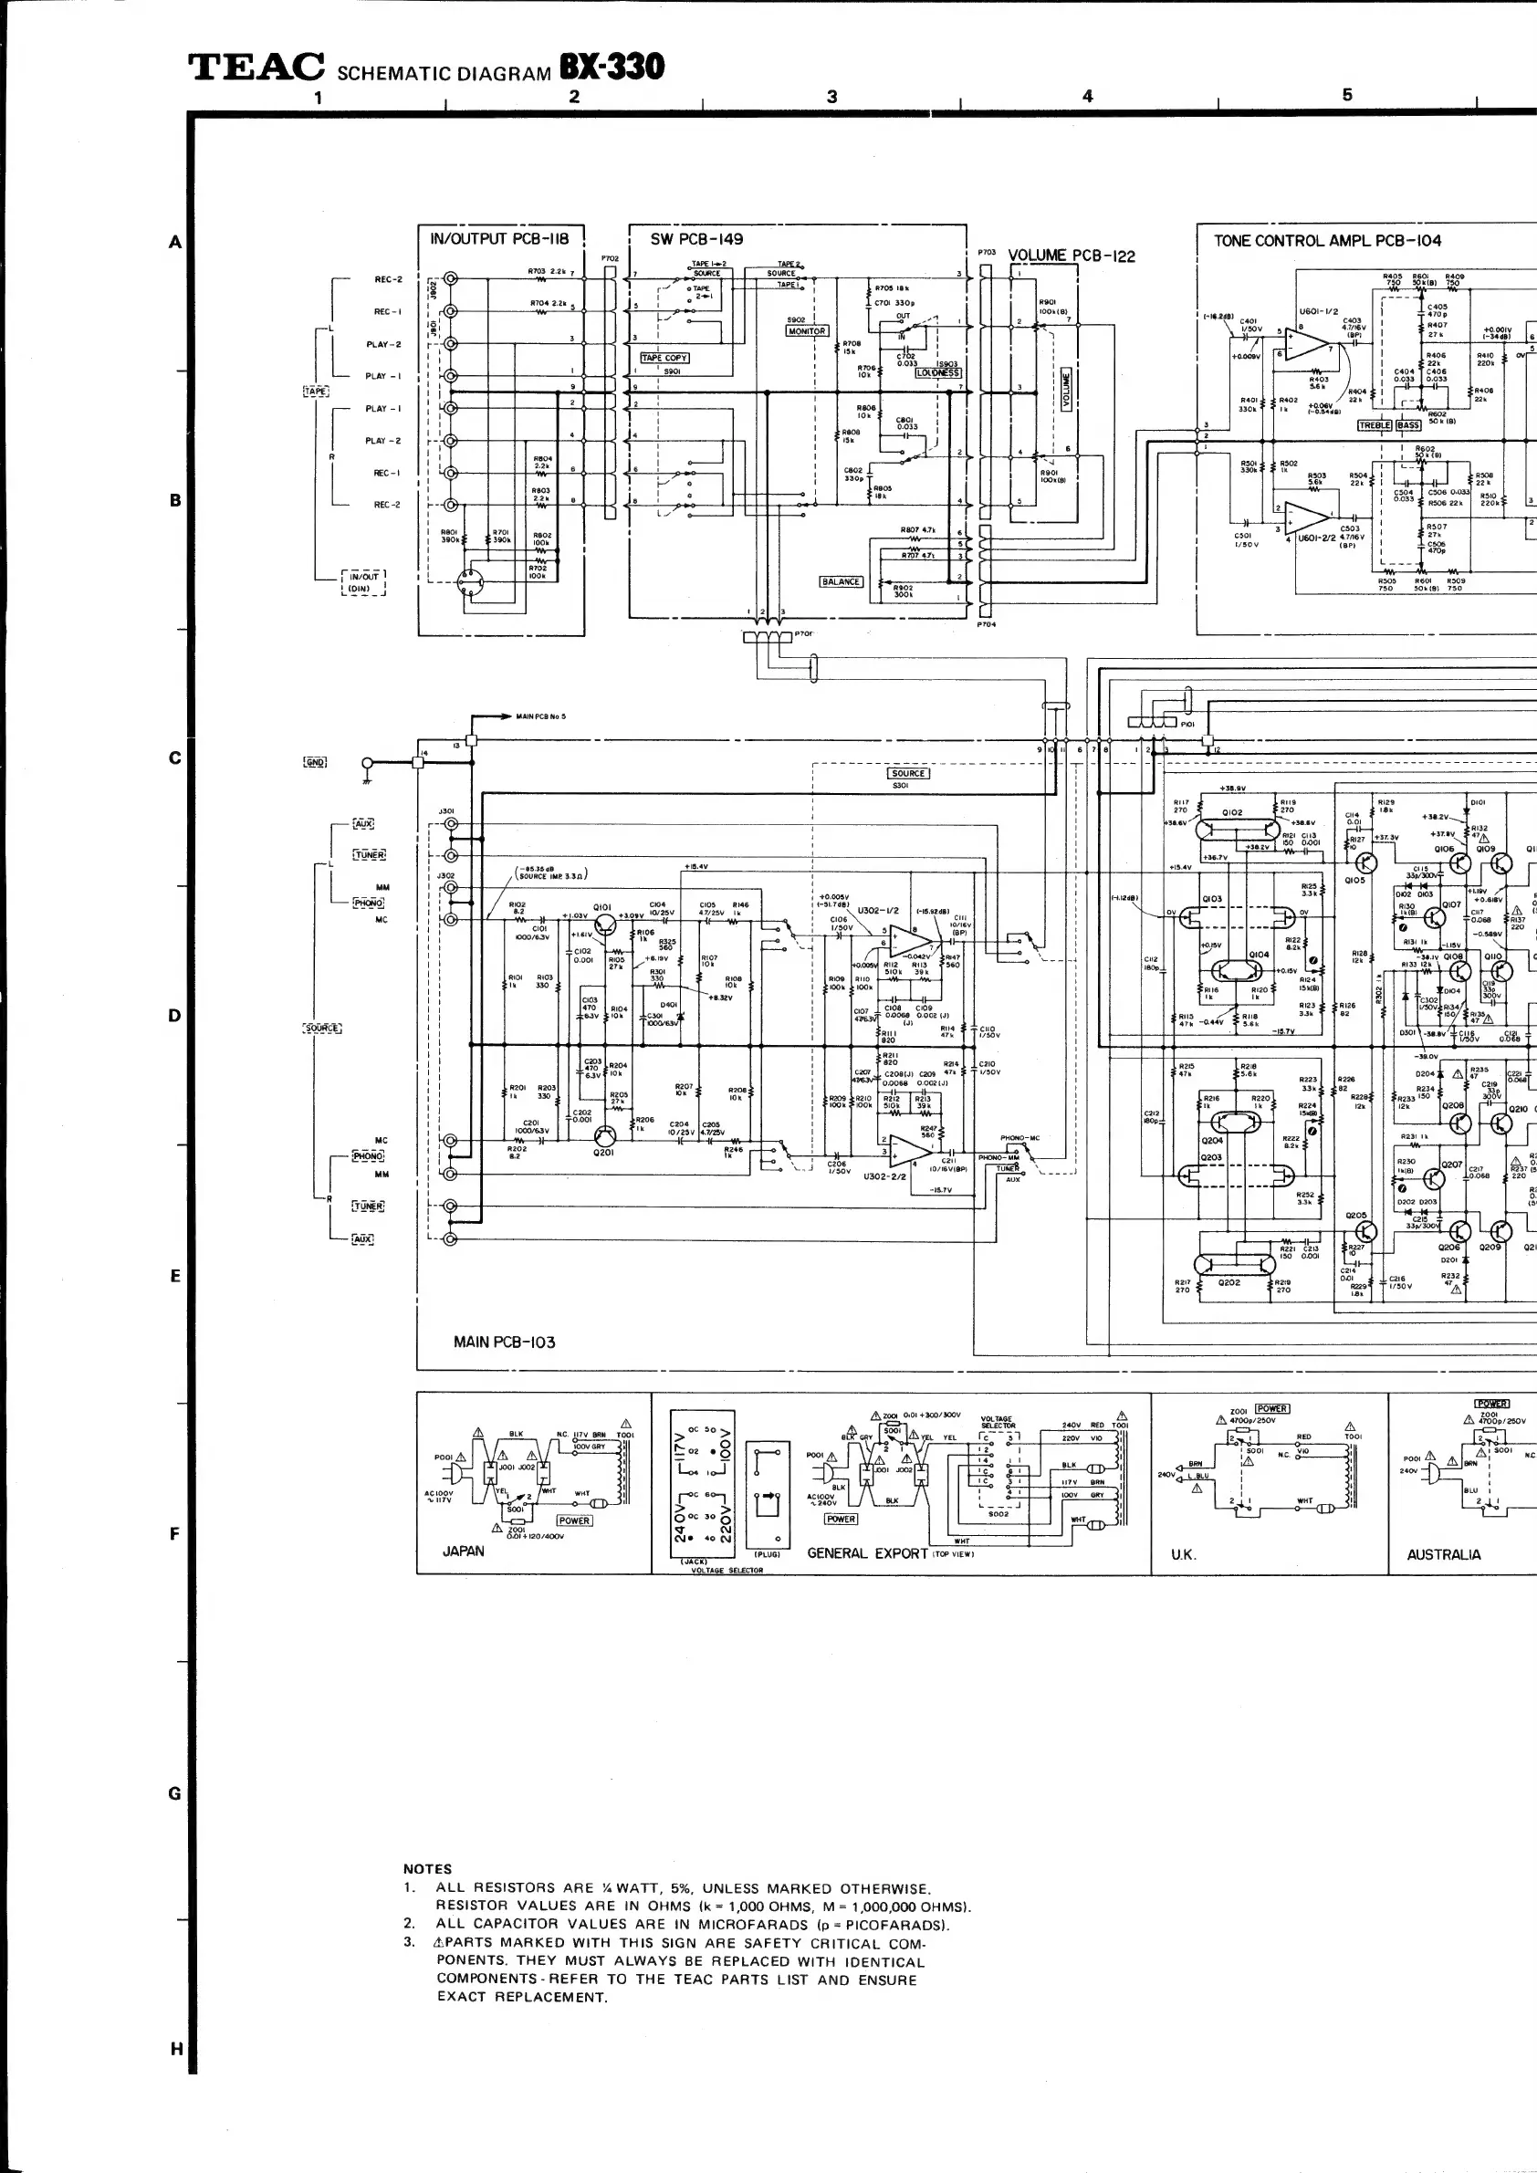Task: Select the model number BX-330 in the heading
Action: tap(612, 68)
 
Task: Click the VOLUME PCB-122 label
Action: tap(1071, 256)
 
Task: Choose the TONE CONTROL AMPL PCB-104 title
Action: tap(1327, 241)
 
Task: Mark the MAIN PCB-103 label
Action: tap(504, 1342)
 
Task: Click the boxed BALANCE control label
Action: tap(841, 582)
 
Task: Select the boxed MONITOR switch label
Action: tap(806, 331)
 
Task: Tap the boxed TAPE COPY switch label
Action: tap(664, 358)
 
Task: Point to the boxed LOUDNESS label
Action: tap(937, 373)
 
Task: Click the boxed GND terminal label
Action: tap(315, 762)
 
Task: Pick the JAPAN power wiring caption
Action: tap(463, 1551)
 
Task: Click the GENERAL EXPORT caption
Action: tap(867, 1553)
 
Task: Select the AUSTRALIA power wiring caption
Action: tap(1443, 1554)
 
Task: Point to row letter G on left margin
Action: tap(174, 1793)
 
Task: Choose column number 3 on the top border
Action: tap(831, 97)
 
